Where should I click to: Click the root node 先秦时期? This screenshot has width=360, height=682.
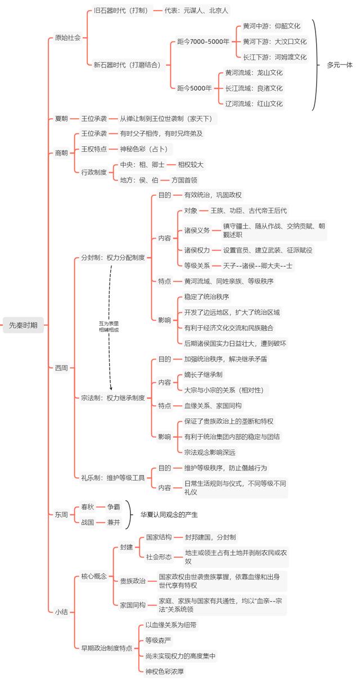(x=23, y=325)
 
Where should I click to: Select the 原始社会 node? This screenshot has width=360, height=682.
(x=67, y=38)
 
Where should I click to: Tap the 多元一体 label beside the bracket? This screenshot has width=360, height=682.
(x=340, y=65)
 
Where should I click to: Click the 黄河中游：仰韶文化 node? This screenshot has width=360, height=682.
(x=272, y=26)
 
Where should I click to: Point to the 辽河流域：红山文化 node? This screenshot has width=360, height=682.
(x=254, y=104)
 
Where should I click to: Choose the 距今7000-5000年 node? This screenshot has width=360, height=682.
(x=203, y=42)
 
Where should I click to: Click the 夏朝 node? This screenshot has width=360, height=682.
(x=61, y=118)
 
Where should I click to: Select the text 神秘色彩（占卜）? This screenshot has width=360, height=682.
(x=144, y=149)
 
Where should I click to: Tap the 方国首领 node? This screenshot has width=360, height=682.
(x=184, y=180)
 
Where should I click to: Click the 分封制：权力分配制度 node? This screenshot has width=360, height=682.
(x=112, y=258)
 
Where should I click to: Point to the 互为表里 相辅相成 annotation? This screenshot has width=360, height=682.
(x=109, y=327)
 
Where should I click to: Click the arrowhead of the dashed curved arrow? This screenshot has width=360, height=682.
(x=111, y=388)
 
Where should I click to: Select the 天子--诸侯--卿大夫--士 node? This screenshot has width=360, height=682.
(x=258, y=266)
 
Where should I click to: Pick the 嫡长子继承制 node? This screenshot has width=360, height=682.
(x=203, y=375)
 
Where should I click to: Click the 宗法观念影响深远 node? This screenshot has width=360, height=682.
(x=210, y=452)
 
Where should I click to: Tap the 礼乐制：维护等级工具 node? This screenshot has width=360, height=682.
(x=112, y=478)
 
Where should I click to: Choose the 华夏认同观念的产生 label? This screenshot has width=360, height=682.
(x=169, y=514)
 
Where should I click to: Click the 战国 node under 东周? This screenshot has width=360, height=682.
(x=87, y=522)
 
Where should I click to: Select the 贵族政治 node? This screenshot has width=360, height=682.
(x=132, y=581)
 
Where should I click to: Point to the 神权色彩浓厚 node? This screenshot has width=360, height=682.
(x=164, y=671)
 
